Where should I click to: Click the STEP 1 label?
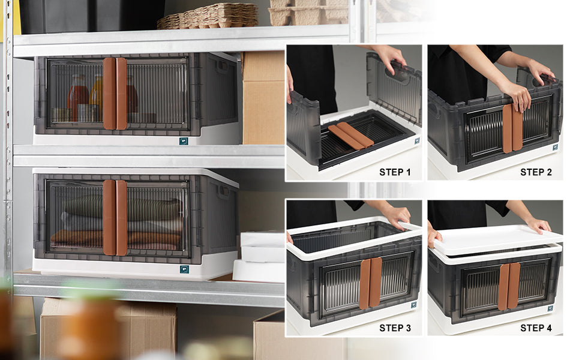(395, 172)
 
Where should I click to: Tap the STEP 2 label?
(536, 172)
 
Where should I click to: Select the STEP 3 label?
(395, 328)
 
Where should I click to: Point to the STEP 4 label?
(536, 328)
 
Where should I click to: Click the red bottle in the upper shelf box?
(77, 97)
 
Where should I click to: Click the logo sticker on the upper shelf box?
(184, 141)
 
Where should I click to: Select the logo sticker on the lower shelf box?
(184, 269)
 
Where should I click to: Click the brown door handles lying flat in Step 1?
(350, 136)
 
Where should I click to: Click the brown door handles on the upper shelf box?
(115, 94)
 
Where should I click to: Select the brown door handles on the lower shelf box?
(115, 218)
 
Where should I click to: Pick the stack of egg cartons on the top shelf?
(208, 16)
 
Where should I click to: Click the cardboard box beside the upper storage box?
(263, 98)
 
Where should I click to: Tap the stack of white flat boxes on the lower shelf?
(260, 256)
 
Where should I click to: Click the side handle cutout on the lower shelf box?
(224, 192)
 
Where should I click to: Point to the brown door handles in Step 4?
(509, 286)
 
